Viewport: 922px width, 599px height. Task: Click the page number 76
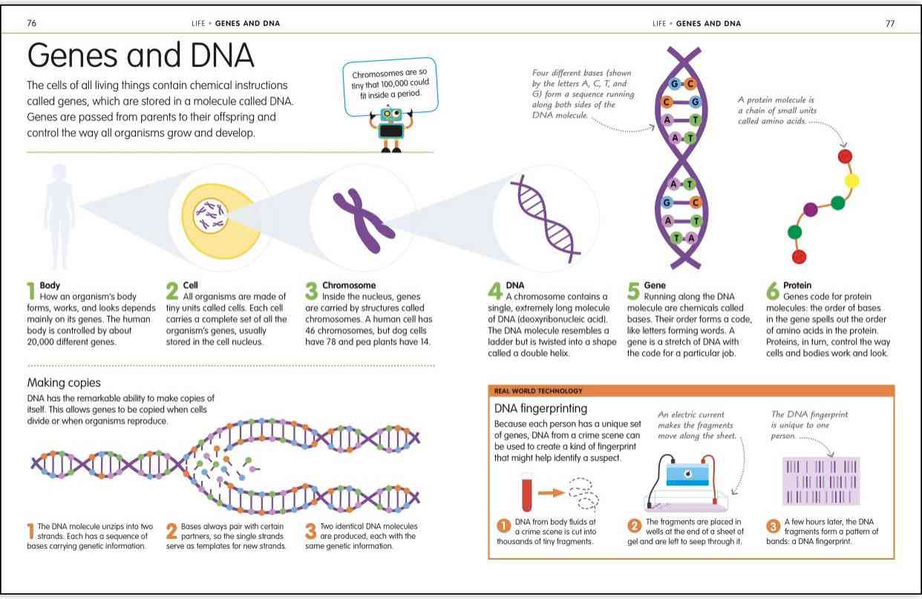32,23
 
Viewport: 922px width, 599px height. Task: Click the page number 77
890,24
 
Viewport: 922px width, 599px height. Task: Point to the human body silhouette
59,216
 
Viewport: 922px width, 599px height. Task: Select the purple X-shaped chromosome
364,221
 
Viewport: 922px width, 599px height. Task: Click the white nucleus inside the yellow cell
210,215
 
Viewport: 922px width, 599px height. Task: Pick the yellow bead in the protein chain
851,180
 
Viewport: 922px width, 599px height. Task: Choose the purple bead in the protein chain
810,209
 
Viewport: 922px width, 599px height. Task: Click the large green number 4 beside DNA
495,291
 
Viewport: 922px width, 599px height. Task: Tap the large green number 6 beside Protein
773,291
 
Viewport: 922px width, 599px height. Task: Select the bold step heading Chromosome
349,285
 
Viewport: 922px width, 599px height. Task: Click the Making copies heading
64,382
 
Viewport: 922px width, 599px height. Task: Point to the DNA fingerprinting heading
541,408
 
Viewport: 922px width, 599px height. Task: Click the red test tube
527,491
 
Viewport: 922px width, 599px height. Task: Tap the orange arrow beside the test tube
551,492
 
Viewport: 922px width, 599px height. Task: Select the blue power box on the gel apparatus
687,474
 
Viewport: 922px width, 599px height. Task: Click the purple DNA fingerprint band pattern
821,481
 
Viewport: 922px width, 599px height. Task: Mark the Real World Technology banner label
538,390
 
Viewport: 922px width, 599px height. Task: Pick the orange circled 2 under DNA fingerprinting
634,526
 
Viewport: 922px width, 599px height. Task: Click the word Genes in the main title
73,56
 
